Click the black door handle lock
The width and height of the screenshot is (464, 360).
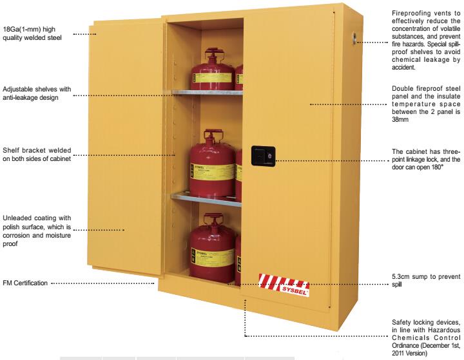[263, 156]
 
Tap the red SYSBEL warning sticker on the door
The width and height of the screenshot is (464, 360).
[284, 285]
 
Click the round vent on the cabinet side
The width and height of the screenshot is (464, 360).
[354, 38]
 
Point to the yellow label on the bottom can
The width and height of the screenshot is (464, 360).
[213, 256]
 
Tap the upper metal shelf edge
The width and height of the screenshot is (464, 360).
[207, 92]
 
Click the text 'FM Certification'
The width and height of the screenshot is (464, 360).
[25, 283]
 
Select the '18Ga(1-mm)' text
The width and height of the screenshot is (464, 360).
[22, 29]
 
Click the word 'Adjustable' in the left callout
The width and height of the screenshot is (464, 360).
[18, 89]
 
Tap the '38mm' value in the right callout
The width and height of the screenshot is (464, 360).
[400, 120]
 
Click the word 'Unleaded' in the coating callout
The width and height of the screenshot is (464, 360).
[17, 218]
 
